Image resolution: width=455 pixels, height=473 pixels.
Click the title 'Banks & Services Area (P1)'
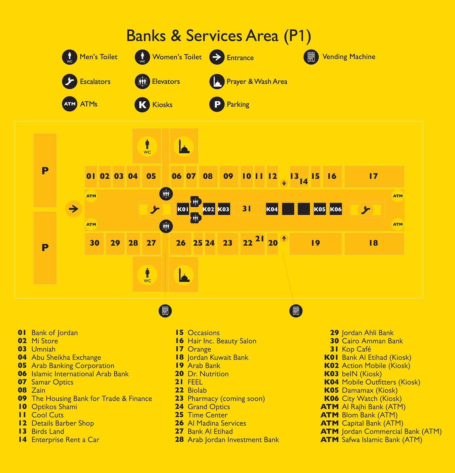(x=219, y=36)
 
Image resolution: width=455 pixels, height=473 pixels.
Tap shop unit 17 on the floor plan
(x=374, y=177)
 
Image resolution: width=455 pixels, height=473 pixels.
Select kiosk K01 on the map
(x=183, y=209)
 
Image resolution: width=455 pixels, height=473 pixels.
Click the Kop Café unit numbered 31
(x=248, y=209)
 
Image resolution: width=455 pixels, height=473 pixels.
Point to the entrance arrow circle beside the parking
(x=74, y=209)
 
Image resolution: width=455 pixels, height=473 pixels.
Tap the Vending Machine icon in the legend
(x=311, y=57)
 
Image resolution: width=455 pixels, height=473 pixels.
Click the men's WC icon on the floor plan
(x=147, y=146)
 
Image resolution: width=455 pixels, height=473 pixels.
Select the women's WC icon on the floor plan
(x=147, y=275)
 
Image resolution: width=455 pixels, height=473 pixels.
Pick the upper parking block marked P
(x=45, y=170)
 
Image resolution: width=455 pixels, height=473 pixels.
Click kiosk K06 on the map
(x=336, y=209)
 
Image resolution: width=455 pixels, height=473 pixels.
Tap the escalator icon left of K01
(x=155, y=209)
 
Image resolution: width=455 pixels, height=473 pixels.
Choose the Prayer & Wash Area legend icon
(x=217, y=81)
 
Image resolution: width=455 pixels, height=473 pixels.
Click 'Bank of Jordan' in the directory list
(x=55, y=333)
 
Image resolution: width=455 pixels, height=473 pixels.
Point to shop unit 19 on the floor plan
(x=315, y=243)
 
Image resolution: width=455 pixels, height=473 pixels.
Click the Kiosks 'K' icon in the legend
(x=142, y=105)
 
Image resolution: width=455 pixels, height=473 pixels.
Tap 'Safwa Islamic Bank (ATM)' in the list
(x=382, y=440)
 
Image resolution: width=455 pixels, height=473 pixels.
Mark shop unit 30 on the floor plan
(x=94, y=243)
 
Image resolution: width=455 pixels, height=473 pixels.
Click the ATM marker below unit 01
(x=91, y=196)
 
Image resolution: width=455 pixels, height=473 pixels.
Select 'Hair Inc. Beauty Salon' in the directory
(x=222, y=341)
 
